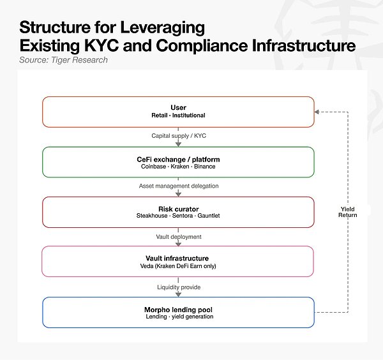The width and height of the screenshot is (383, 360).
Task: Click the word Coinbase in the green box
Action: click(153, 167)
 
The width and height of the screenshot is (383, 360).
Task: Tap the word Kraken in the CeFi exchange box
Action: click(180, 167)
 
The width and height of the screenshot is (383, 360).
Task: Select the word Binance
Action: click(205, 167)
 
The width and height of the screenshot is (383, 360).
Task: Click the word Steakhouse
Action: click(152, 216)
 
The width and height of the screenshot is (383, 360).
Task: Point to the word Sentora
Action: click(183, 216)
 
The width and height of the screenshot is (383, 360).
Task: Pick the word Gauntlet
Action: click(209, 216)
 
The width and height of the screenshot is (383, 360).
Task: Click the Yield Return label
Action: click(348, 212)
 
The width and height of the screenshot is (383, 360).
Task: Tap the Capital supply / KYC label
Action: click(179, 136)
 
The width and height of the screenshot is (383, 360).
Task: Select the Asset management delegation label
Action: click(179, 186)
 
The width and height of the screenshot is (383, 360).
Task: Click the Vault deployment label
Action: click(179, 237)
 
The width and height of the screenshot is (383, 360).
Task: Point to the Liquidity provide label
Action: click(179, 287)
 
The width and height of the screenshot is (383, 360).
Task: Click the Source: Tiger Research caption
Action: click(63, 60)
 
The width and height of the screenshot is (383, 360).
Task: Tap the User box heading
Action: click(178, 107)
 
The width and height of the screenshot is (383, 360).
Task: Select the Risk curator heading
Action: click(179, 209)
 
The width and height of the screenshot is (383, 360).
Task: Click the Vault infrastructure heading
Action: click(177, 259)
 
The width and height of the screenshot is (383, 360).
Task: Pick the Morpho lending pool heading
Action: click(178, 310)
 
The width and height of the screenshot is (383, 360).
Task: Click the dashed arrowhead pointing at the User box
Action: click(317, 112)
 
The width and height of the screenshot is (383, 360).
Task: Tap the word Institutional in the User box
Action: click(189, 116)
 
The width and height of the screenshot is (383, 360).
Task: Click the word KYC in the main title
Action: click(101, 46)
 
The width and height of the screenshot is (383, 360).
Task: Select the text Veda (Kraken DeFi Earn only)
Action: click(178, 266)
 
